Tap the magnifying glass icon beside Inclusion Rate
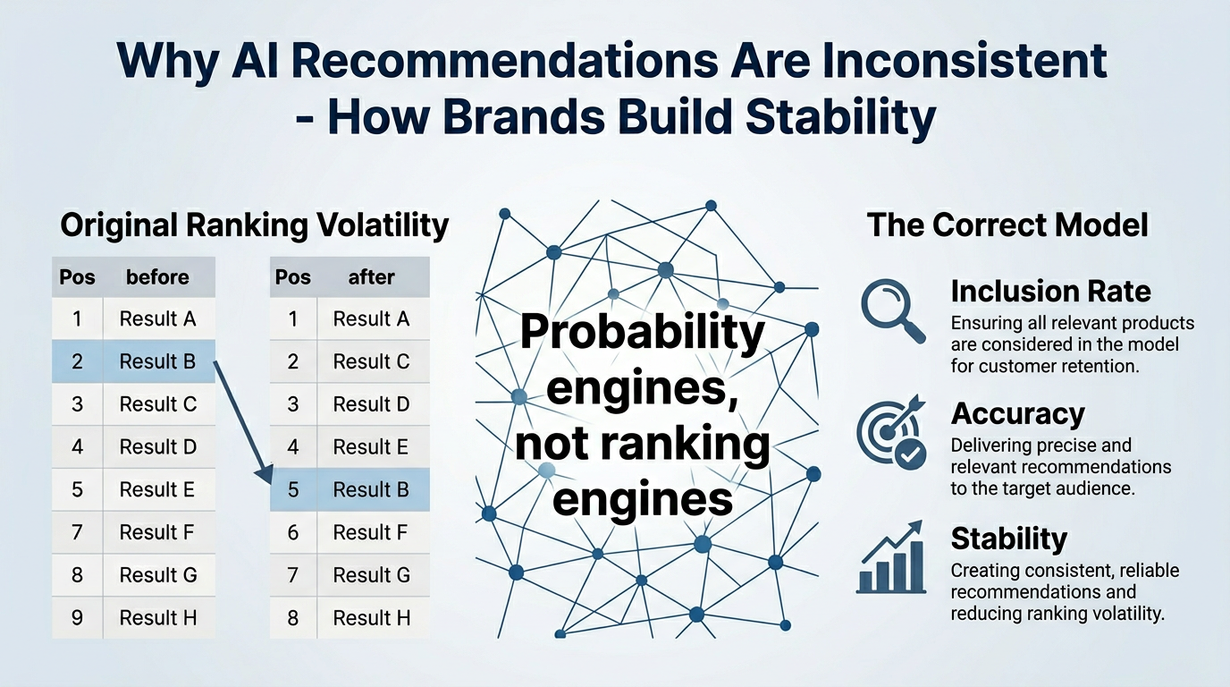pyautogui.click(x=891, y=310)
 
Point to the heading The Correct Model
pyautogui.click(x=1007, y=225)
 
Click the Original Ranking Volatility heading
pyautogui.click(x=254, y=225)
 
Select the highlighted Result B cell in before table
pyautogui.click(x=158, y=361)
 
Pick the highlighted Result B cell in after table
pyautogui.click(x=372, y=489)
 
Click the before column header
pyautogui.click(x=158, y=277)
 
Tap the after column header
pyautogui.click(x=372, y=277)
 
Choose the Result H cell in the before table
pyautogui.click(x=158, y=617)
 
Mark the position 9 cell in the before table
pyautogui.click(x=78, y=617)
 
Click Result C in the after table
pyautogui.click(x=372, y=361)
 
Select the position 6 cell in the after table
pyautogui.click(x=293, y=532)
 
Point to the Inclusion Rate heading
pyautogui.click(x=1050, y=291)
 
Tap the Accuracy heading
pyautogui.click(x=1017, y=413)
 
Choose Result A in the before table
pyautogui.click(x=158, y=318)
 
